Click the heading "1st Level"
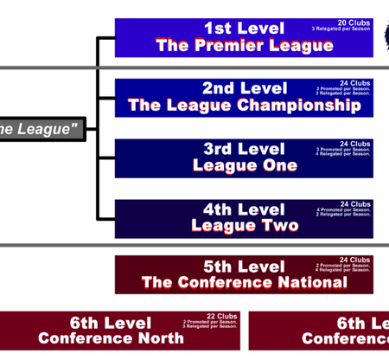244,28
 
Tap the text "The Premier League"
244,45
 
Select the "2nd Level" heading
244,88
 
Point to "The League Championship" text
244,106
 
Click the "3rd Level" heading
244,149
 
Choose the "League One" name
244,165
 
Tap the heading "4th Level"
244,209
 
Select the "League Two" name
244,226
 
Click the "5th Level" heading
244,267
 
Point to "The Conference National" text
244,282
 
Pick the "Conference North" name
111,338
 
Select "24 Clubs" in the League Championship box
354,82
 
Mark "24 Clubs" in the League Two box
354,204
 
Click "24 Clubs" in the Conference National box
354,260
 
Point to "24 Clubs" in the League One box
354,143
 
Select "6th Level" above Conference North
111,323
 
